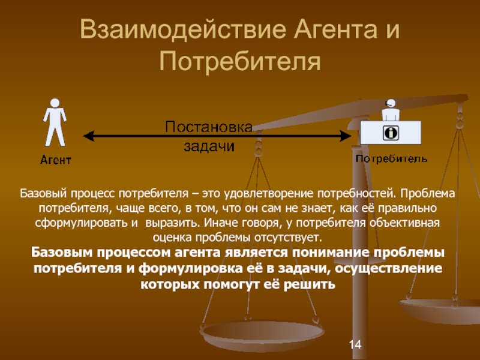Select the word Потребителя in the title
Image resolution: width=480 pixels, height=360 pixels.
240,61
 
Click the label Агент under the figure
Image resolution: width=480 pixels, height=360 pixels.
56,160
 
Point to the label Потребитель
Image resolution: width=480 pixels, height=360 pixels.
391,159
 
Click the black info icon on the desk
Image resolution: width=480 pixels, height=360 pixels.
390,130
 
